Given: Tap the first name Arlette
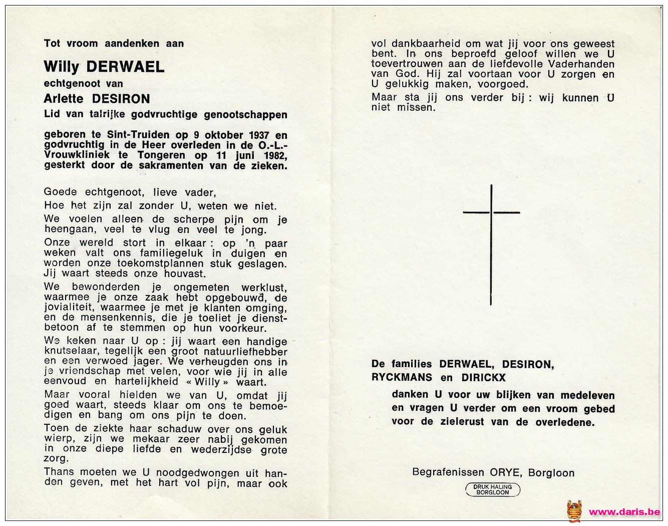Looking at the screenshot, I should (x=64, y=99).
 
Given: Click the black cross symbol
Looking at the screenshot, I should (x=491, y=244).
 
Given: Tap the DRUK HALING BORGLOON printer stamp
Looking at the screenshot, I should (x=493, y=489).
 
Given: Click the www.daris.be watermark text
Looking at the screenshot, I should (x=624, y=511).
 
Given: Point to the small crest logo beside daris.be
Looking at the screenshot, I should (x=574, y=511).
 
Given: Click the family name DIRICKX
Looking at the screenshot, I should (x=483, y=378).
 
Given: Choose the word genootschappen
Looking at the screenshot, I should (x=245, y=115).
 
